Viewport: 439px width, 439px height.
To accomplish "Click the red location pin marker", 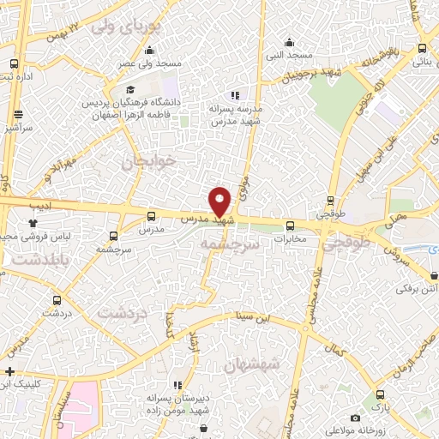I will tap(220, 201).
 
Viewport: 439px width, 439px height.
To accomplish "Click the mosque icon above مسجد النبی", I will tap(290, 41).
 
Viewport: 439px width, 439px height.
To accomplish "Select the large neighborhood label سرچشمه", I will tap(229, 244).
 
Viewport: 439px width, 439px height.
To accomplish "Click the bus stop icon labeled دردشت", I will tap(57, 300).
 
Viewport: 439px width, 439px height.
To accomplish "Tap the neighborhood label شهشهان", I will tap(252, 364).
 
